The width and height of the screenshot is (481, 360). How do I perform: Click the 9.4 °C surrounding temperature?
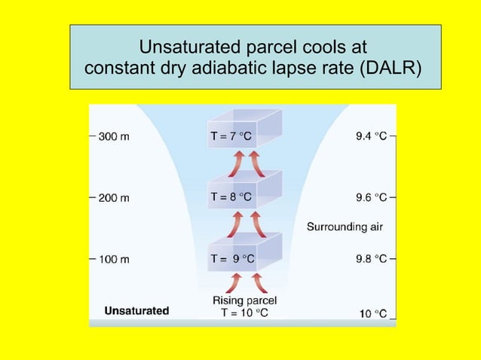[371, 137]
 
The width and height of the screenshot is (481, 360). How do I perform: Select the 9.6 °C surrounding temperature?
[371, 198]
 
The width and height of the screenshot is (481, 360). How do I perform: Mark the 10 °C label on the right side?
[372, 313]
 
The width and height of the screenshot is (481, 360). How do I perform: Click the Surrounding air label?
[346, 227]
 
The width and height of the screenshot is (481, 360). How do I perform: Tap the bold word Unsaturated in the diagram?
[136, 310]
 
